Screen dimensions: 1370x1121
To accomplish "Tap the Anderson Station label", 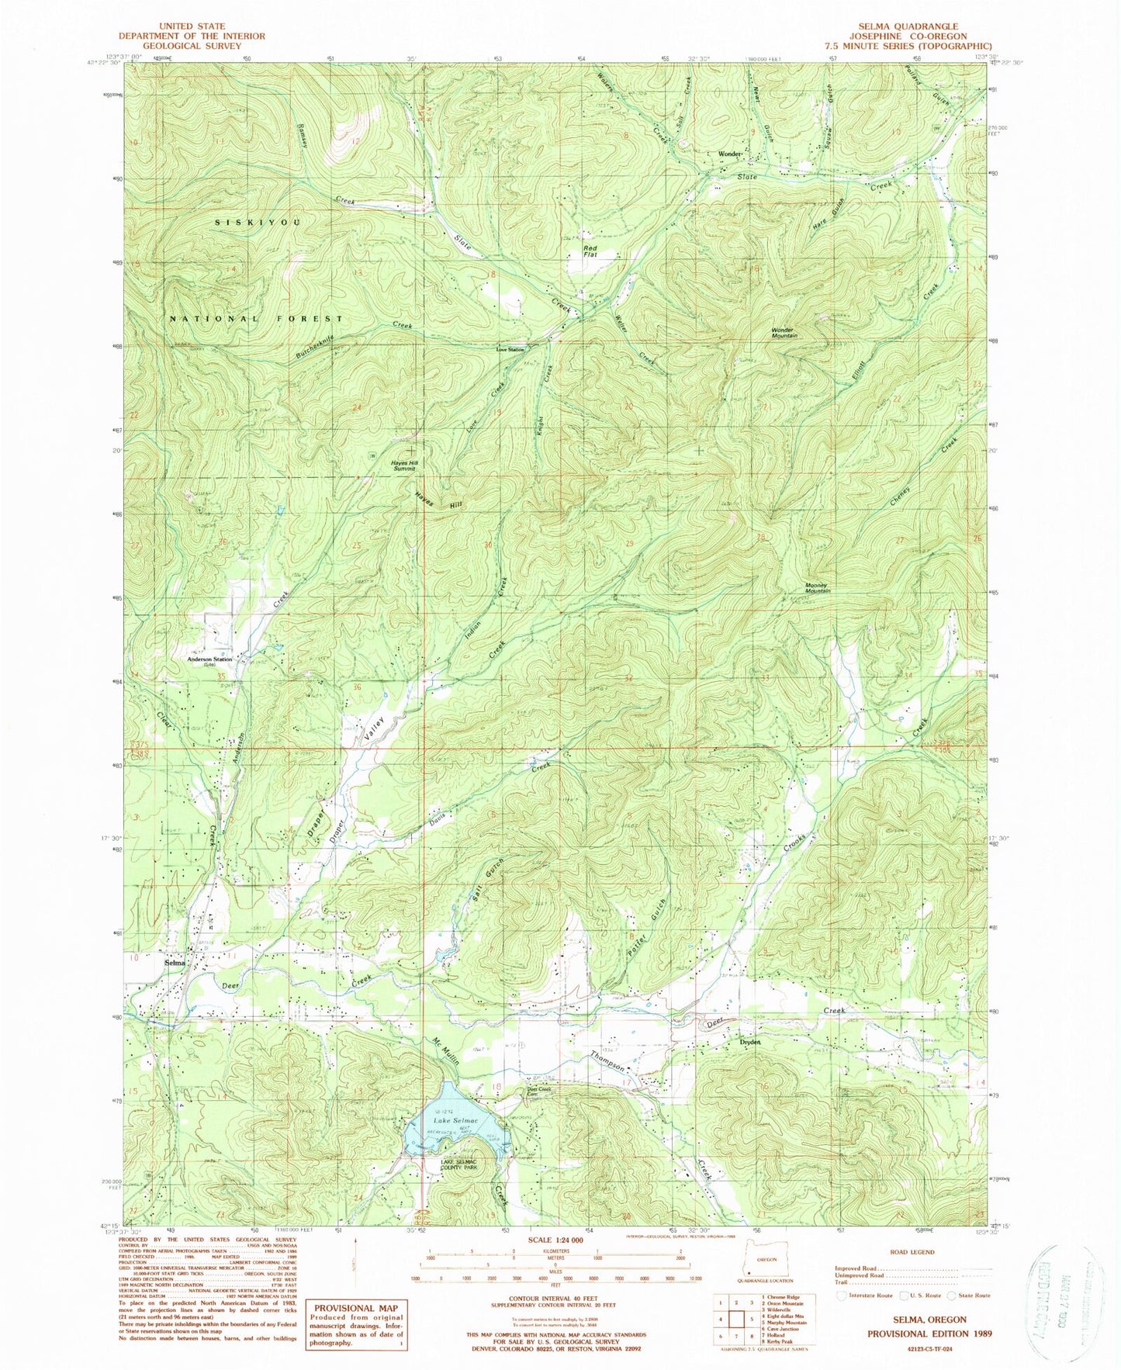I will coord(209,660).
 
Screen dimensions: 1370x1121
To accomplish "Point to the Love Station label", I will coord(510,349).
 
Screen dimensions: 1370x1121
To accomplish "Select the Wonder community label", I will coord(730,154).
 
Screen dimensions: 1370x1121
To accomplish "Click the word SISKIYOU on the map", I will coord(256,223).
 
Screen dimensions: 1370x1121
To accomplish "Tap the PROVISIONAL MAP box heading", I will coord(358,1306).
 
